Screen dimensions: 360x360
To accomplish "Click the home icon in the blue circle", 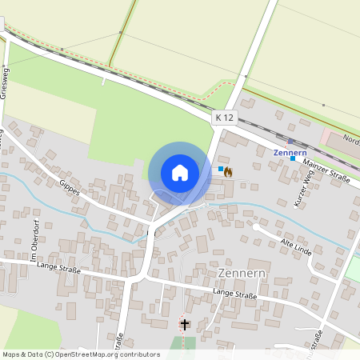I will (180, 172).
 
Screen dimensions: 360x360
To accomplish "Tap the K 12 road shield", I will (225, 118).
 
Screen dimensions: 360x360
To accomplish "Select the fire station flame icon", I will (228, 171).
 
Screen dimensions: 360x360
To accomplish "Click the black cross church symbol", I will (186, 324).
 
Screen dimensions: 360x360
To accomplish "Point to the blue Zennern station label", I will (290, 152).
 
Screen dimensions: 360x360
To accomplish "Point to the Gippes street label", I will (70, 190).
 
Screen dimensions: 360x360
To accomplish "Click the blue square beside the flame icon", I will (220, 170).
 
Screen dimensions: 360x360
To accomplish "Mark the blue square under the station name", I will (293, 158).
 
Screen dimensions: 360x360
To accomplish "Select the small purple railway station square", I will (290, 141).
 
